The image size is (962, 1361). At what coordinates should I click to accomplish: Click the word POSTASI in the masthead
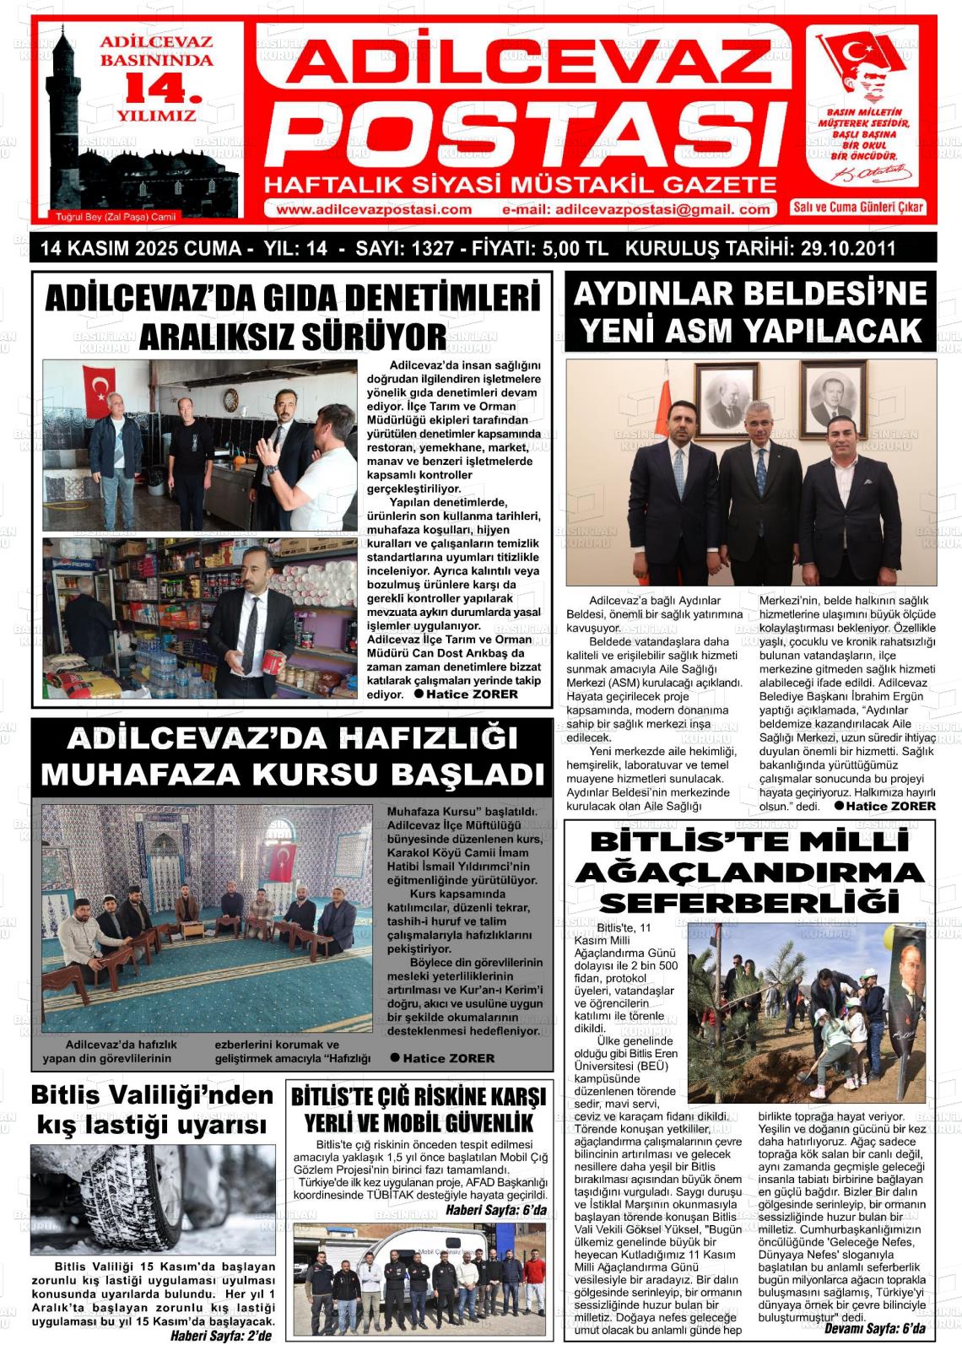(530, 135)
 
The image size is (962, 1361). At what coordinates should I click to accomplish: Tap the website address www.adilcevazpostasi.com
(373, 209)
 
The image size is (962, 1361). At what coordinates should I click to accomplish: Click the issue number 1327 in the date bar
(426, 249)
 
